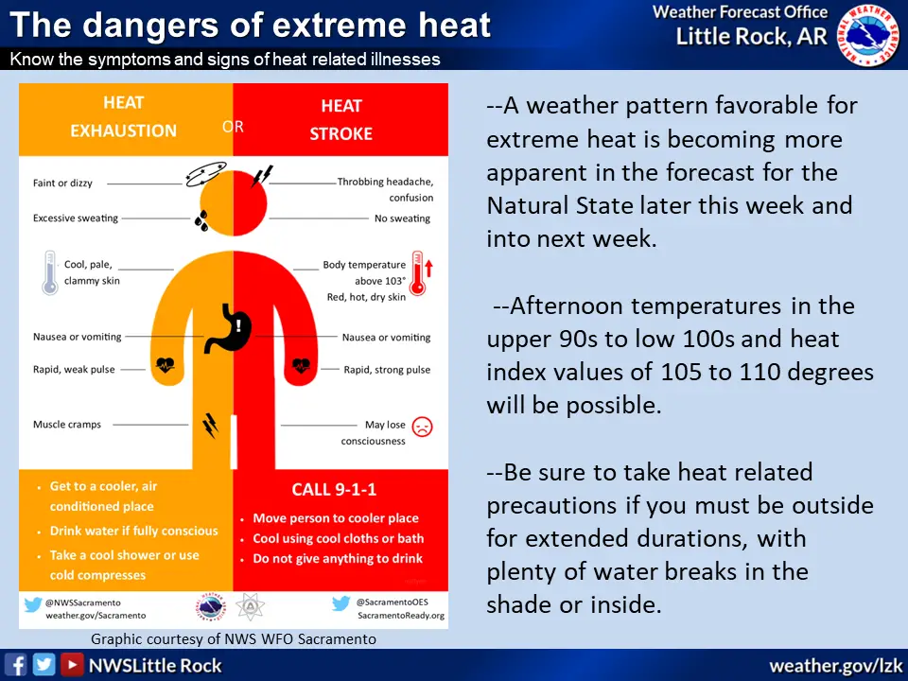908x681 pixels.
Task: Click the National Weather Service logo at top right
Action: [868, 35]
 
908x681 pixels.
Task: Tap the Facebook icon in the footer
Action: [16, 665]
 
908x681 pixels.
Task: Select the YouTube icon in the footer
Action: [72, 665]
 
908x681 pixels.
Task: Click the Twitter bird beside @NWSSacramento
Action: [33, 604]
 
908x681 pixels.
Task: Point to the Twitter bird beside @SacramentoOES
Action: [341, 603]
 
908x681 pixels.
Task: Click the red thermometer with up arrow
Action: [421, 273]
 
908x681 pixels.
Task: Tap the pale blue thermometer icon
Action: [50, 272]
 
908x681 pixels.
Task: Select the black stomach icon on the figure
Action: [228, 329]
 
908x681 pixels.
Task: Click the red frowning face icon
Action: [422, 427]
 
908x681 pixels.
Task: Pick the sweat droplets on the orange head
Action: [201, 220]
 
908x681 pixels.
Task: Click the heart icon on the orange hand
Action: [166, 365]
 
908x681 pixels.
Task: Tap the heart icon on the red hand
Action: [301, 365]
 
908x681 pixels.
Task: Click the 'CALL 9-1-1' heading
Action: [334, 490]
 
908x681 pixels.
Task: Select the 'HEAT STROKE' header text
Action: [341, 120]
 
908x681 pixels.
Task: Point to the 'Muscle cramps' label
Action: [67, 425]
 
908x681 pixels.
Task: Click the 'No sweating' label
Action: [403, 218]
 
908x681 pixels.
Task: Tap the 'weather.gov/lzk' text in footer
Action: [835, 666]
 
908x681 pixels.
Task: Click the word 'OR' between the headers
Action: [233, 127]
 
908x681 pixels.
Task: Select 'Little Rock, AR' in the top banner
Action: [752, 37]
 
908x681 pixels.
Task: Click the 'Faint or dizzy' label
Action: [62, 183]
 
